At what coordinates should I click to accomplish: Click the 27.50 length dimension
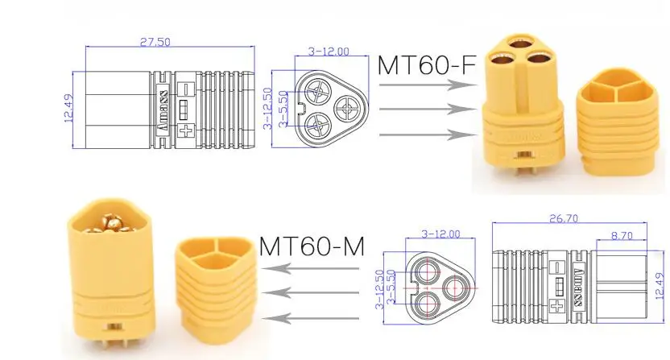coord(155,42)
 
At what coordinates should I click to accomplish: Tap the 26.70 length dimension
coord(564,218)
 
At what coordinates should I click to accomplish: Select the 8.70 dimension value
coord(622,235)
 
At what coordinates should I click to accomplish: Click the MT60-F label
coord(427,65)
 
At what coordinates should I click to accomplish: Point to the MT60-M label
coord(312,246)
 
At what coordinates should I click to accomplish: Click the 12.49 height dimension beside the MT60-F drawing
coord(68,108)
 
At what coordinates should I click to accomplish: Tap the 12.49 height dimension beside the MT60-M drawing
coord(660,285)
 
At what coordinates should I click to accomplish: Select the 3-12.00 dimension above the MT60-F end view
coord(329,52)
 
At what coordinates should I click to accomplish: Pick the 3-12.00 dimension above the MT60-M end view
coord(440,234)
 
